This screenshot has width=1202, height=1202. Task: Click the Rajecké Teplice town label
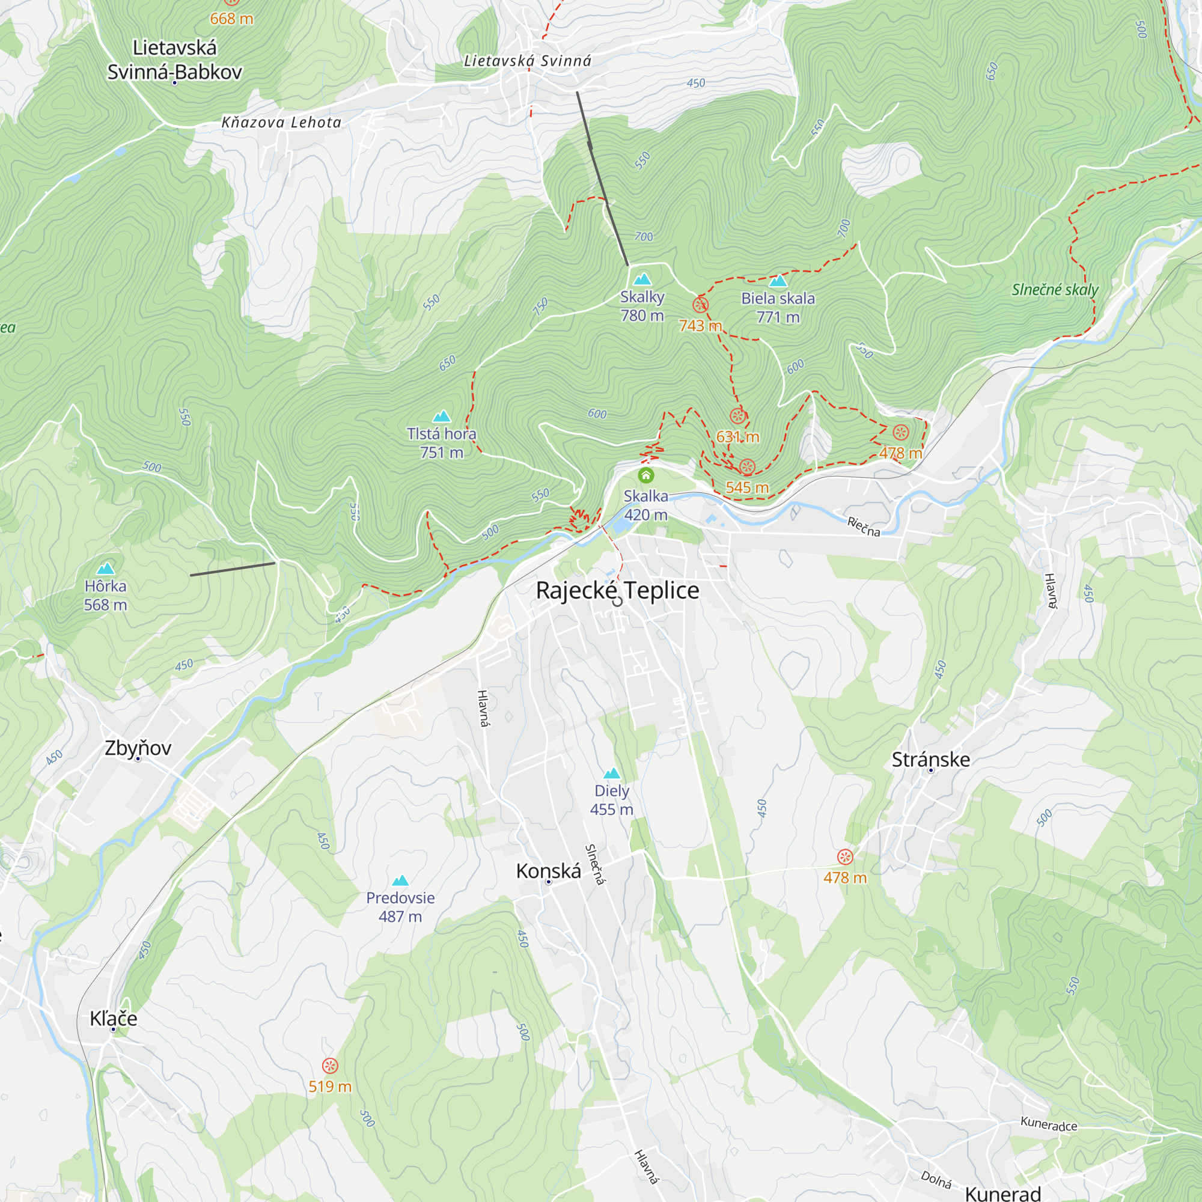tap(617, 590)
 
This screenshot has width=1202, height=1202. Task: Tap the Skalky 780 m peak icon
tap(642, 279)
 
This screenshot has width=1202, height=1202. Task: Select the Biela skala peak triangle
tap(778, 281)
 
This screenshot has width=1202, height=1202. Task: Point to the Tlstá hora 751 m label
tap(441, 443)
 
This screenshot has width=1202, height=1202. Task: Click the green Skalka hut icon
tap(646, 476)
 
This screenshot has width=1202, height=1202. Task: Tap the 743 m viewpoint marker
tap(700, 305)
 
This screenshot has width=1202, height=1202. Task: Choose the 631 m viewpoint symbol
tap(737, 416)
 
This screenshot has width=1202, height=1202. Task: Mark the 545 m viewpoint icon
tap(747, 466)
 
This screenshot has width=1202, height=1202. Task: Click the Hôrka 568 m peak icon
tap(106, 569)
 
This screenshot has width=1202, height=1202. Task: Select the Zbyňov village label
tap(138, 748)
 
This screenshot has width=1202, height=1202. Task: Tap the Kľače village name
tap(113, 1019)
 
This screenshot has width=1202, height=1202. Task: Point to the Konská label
tap(548, 871)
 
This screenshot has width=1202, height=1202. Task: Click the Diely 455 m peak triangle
tap(612, 773)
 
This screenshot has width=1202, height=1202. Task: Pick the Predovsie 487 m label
tap(400, 906)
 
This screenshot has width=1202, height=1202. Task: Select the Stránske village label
tap(930, 760)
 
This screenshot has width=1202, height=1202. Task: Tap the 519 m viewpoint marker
tap(330, 1066)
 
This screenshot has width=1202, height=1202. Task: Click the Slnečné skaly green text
tap(1055, 290)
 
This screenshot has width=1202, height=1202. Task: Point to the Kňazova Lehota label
tap(281, 123)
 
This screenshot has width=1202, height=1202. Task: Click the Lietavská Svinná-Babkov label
tap(174, 59)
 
